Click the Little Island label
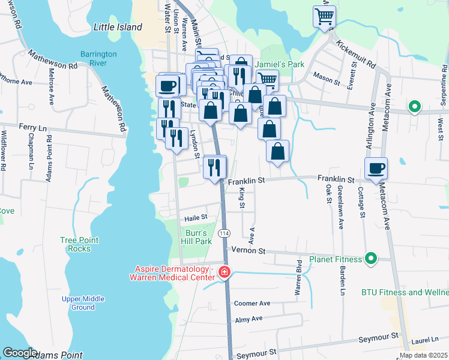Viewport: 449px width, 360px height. [x=118, y=27]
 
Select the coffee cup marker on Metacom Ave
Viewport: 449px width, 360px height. [x=376, y=169]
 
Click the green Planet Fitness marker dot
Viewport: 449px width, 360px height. [x=371, y=259]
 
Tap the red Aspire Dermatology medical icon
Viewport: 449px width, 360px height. [x=224, y=273]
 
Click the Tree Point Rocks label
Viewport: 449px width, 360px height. [x=75, y=244]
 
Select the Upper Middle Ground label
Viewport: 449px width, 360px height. [x=83, y=303]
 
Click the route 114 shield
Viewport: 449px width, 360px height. [x=224, y=233]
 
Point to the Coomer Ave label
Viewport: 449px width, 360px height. [x=252, y=304]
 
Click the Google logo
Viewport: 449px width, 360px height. [x=20, y=352]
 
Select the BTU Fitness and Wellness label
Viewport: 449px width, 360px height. [x=405, y=292]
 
